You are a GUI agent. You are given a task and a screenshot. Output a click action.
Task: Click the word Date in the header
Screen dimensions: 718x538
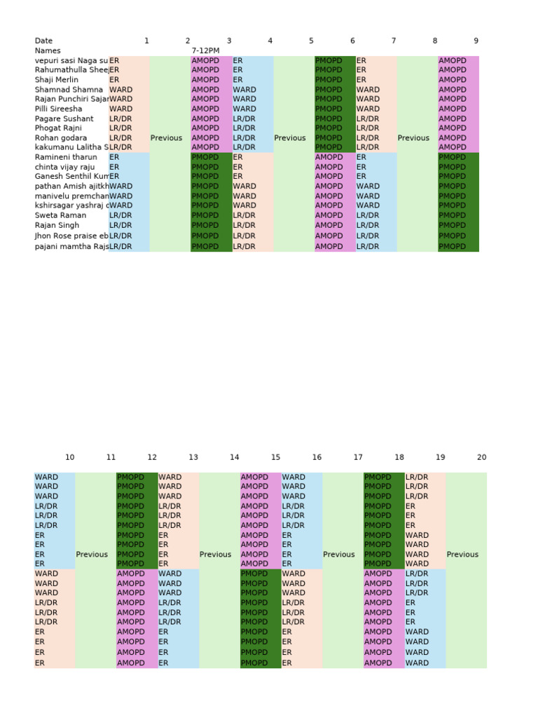[43, 41]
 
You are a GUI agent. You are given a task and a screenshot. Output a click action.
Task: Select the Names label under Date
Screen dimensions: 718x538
[48, 50]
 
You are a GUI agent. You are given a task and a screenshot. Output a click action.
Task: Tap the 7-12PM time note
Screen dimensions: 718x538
[205, 50]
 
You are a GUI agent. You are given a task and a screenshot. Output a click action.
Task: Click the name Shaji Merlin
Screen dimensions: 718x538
[57, 80]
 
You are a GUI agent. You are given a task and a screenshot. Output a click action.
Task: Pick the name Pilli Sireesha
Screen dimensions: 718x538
[58, 109]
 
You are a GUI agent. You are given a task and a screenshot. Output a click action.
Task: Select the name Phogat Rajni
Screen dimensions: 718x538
[58, 128]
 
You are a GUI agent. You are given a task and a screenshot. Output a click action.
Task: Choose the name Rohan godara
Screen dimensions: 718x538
[61, 138]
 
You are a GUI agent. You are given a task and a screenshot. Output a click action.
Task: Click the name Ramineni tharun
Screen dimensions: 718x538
[66, 157]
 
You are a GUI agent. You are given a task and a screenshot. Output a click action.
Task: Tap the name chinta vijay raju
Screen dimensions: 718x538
[64, 167]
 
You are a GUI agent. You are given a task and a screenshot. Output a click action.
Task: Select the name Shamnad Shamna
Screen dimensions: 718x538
[69, 90]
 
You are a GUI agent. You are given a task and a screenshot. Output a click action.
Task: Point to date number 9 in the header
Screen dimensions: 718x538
[476, 41]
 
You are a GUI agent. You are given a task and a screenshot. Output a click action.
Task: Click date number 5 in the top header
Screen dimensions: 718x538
[311, 41]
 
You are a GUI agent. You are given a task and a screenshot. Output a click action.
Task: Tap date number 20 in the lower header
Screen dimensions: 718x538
[481, 457]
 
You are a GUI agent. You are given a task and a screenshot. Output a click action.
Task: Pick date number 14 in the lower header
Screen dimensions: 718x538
[234, 457]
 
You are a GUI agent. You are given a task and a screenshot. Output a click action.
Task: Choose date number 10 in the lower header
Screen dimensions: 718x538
[69, 457]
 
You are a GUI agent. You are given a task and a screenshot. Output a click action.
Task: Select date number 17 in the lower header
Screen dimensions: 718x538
[358, 457]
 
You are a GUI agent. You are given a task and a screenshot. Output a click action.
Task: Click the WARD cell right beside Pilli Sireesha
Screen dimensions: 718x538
[121, 109]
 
